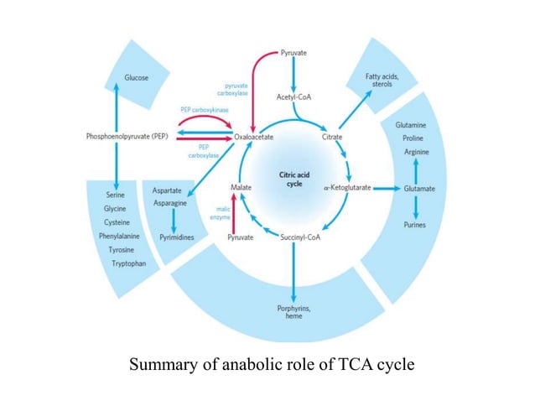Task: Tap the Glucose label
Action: point(137,77)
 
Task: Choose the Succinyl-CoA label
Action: point(294,238)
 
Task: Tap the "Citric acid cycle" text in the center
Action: point(294,180)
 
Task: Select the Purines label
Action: point(413,225)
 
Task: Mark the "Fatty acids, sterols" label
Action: point(382,81)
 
